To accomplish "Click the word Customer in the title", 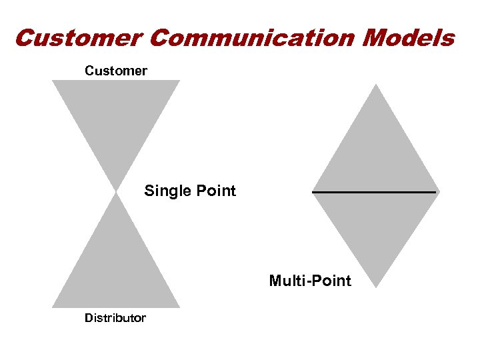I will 79,38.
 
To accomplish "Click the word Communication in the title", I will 253,38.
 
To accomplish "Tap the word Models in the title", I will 409,38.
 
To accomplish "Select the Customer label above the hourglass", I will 116,70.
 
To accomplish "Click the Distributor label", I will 115,317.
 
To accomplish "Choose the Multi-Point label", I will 310,281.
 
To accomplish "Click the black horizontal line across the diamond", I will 374,192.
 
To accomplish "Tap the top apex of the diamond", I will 377,85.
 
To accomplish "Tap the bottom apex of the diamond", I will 377,287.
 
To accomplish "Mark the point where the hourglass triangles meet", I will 116,192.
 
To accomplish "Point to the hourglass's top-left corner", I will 53,81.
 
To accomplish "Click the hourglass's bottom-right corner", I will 179,307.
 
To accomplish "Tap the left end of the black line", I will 313,192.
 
